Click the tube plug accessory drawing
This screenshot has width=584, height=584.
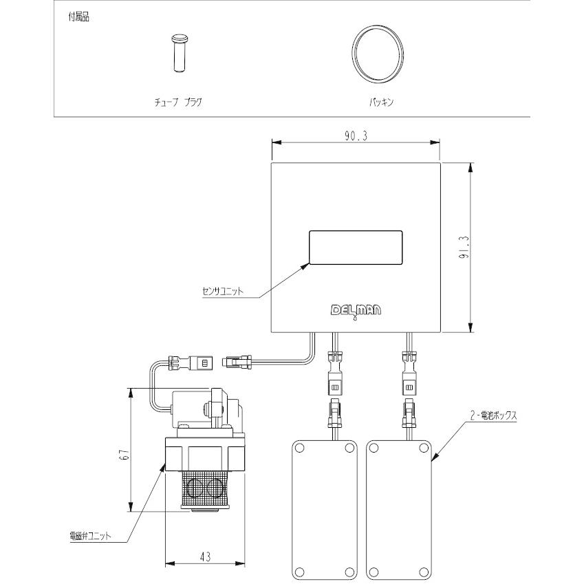click(x=180, y=52)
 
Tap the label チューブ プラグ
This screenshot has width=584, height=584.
click(x=178, y=100)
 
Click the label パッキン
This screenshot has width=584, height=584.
click(x=381, y=100)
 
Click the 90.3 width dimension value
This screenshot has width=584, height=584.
click(x=356, y=136)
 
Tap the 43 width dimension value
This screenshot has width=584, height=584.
click(x=206, y=555)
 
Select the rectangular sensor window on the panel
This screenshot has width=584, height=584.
click(x=356, y=248)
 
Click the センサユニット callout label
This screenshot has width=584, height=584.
click(x=222, y=291)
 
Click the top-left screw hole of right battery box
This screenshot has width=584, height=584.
click(x=374, y=448)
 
